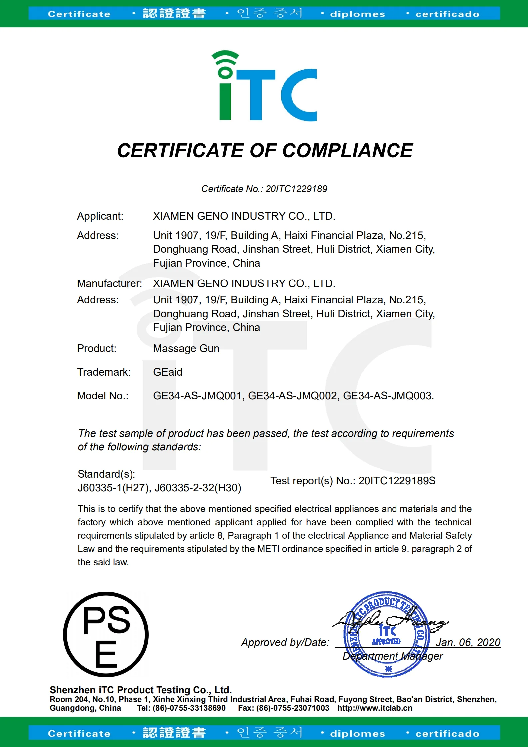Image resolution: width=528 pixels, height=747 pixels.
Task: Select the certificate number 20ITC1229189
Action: tap(296, 189)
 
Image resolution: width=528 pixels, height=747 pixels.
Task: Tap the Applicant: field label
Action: tap(100, 216)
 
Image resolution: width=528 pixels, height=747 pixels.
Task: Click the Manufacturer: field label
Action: tap(109, 284)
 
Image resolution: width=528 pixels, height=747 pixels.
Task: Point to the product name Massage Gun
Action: tap(186, 349)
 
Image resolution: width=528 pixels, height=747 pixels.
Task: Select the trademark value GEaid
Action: tap(168, 372)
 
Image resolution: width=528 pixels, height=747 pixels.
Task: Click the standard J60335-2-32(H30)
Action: tap(198, 488)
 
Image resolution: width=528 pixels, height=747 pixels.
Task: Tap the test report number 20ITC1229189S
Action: tap(397, 481)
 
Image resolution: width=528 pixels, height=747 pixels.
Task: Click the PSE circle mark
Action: tap(106, 635)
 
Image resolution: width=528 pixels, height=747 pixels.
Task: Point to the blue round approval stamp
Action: tap(386, 635)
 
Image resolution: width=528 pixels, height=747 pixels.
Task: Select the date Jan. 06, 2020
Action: tap(468, 642)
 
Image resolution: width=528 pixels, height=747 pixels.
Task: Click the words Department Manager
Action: tap(393, 656)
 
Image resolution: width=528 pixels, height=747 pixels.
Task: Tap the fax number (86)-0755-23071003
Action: tap(293, 708)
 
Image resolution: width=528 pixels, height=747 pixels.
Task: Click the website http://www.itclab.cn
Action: tap(375, 708)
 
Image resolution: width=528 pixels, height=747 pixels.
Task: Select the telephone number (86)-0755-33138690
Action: tap(189, 708)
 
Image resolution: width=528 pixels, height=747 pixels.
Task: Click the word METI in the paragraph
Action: tap(269, 549)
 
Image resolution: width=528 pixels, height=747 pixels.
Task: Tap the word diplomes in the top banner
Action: tap(357, 14)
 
